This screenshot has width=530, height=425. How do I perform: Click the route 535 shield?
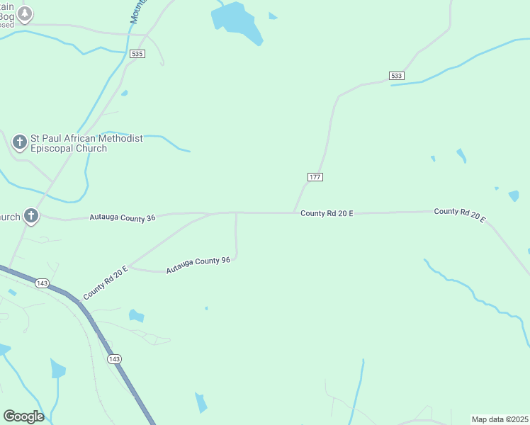(x=137, y=54)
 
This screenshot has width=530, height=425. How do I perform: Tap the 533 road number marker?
(x=397, y=75)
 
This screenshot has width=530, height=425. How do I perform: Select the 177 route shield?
(x=316, y=176)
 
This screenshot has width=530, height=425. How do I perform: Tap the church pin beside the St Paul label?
(x=20, y=143)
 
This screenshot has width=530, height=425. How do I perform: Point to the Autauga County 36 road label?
(x=123, y=218)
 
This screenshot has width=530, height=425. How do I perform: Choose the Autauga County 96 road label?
(x=198, y=266)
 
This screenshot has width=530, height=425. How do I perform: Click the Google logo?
(x=23, y=416)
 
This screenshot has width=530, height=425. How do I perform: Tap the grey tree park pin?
(x=26, y=13)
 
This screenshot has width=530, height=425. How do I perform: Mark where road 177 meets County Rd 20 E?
(x=294, y=212)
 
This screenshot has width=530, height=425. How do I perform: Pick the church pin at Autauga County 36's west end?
(x=30, y=215)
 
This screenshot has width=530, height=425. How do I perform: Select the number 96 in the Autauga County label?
(x=225, y=261)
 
